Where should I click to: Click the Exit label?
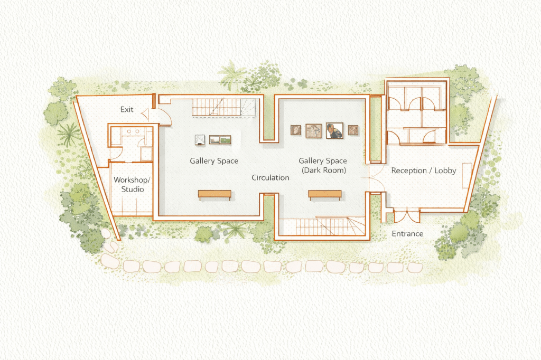click(x=127, y=110)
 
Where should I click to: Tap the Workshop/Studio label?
click(x=132, y=184)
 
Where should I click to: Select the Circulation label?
click(x=270, y=177)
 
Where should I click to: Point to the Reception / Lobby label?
click(x=424, y=170)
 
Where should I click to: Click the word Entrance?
click(x=407, y=234)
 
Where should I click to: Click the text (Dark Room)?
click(x=324, y=170)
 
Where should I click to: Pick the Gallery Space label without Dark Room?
click(x=214, y=161)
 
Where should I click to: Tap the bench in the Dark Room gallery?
click(x=325, y=195)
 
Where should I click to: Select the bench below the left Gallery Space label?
click(x=214, y=195)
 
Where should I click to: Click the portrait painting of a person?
click(x=334, y=130)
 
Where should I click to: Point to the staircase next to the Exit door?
click(x=224, y=107)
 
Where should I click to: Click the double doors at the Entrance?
click(x=407, y=215)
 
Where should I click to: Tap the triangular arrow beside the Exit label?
click(x=145, y=114)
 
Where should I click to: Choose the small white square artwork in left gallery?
click(x=200, y=139)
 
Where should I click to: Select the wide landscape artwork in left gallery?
click(x=220, y=140)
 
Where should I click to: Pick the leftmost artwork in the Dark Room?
click(x=296, y=130)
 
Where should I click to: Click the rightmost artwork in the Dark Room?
click(x=352, y=130)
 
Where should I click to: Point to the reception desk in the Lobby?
click(x=467, y=176)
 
